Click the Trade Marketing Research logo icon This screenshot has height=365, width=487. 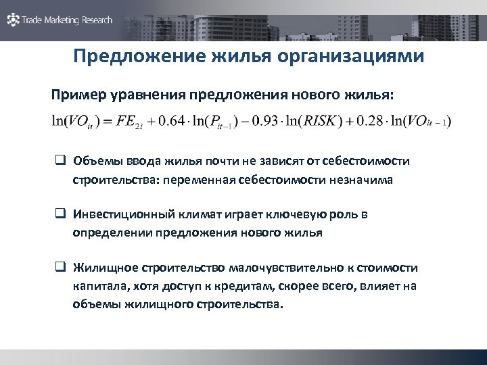(x=13, y=20)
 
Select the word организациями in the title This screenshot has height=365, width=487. (x=351, y=55)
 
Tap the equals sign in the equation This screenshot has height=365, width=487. (x=106, y=122)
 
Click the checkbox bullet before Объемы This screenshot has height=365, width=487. (x=60, y=162)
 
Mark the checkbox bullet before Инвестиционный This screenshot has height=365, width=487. (x=60, y=214)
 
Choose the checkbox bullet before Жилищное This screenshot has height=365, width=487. (x=60, y=268)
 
